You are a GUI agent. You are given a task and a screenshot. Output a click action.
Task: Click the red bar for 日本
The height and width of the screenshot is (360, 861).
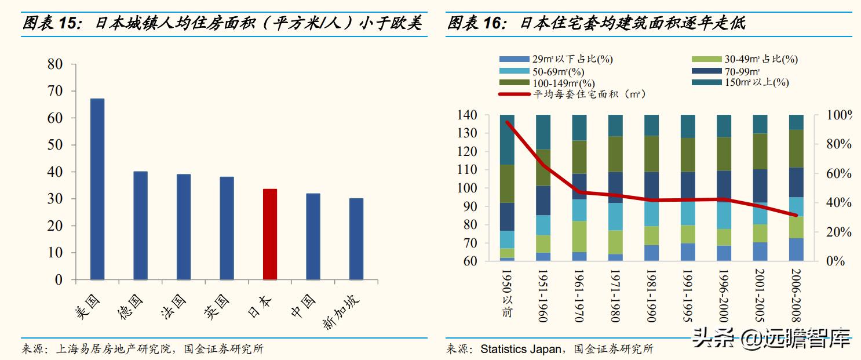[x=270, y=234]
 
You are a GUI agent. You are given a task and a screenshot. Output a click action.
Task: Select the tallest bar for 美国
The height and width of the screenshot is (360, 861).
[x=97, y=189]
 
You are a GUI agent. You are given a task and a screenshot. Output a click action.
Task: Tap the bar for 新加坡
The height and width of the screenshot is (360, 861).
[x=356, y=239]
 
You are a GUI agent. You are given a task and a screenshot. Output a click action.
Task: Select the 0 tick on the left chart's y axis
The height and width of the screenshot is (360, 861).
[x=58, y=280]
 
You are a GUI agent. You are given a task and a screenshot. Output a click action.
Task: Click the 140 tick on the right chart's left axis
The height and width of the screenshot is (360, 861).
[x=467, y=115]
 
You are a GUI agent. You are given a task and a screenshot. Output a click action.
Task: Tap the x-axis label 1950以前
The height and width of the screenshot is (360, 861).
[x=507, y=293]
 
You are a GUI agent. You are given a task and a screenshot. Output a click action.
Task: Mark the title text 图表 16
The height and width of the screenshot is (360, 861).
[x=477, y=23]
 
